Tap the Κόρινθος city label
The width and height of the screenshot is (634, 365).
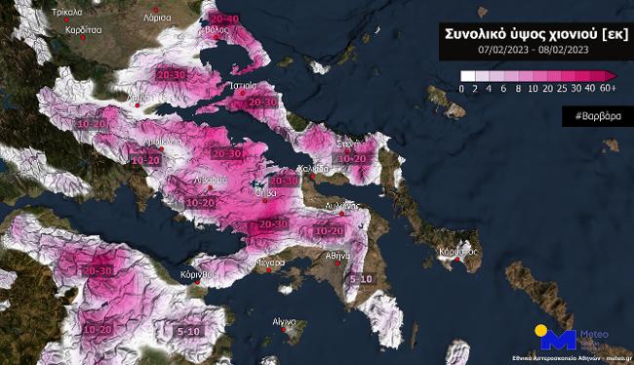pos(196,275)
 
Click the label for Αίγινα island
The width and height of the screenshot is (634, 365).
pos(284,321)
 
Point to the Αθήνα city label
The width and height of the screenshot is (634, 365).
pos(337,255)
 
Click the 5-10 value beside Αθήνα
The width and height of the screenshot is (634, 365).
pos(361,278)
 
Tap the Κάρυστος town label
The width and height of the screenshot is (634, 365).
pos(456,251)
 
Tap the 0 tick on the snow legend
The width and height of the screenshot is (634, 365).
pos(462,89)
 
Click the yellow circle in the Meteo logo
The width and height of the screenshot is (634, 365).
pos(542,331)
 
